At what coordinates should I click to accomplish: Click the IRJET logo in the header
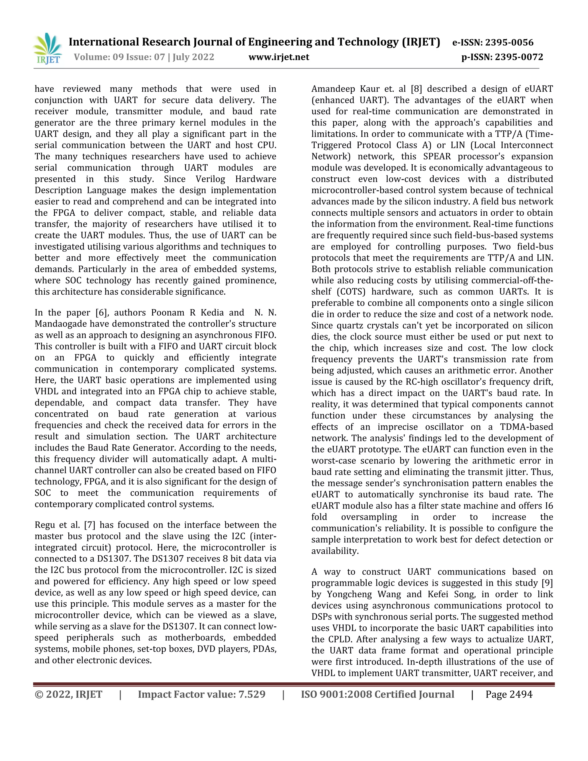coord(48,49)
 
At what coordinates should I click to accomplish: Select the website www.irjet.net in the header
coord(279,57)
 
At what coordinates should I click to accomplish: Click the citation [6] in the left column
coord(101,312)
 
